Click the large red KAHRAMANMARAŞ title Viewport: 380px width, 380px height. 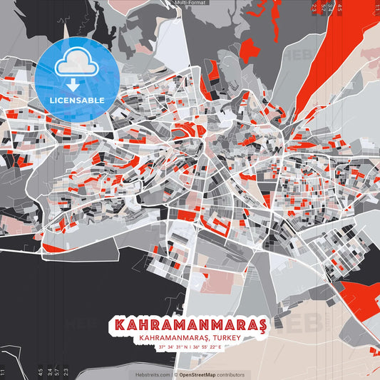188,325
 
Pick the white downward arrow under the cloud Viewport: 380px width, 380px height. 70,85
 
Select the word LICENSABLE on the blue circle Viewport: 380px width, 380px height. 69,100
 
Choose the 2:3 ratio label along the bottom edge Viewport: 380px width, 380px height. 66,371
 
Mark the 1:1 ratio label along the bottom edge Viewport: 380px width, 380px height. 3,371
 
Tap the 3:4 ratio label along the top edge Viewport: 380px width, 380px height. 331,8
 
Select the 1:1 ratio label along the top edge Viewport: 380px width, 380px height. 376,8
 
